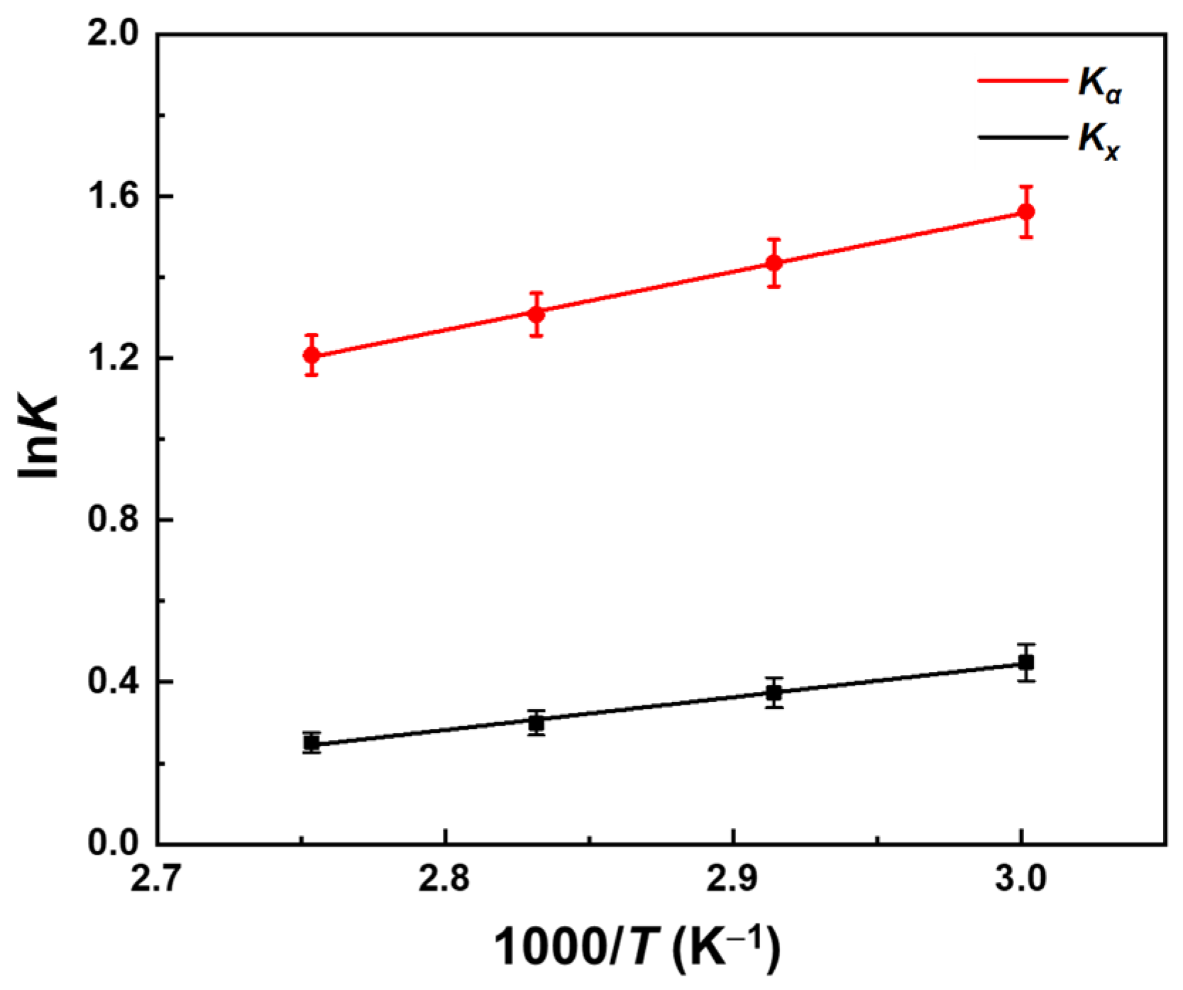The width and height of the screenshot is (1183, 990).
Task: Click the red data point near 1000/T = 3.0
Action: click(x=1025, y=211)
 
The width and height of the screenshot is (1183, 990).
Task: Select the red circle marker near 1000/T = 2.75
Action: click(x=312, y=355)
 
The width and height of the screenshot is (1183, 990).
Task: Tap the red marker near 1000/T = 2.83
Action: click(x=537, y=313)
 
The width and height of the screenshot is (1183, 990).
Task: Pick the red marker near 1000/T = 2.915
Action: click(x=774, y=263)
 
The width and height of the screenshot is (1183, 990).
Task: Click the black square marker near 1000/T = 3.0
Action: click(x=1025, y=663)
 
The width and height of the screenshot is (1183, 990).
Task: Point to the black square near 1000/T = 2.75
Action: click(x=312, y=743)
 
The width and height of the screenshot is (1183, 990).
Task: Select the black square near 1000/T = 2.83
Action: click(x=537, y=723)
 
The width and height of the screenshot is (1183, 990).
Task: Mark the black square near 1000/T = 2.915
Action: click(x=774, y=693)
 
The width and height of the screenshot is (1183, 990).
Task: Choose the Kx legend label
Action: click(x=1099, y=141)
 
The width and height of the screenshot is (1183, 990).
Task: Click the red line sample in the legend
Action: click(x=1022, y=81)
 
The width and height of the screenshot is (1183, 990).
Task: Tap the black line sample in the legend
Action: click(x=1022, y=136)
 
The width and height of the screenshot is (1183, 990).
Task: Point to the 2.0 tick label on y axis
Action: click(x=112, y=34)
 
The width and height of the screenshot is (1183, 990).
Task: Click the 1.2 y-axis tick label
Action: click(x=112, y=358)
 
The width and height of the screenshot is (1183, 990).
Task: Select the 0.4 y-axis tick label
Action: click(x=112, y=682)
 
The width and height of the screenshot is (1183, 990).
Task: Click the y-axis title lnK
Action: click(x=39, y=438)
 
